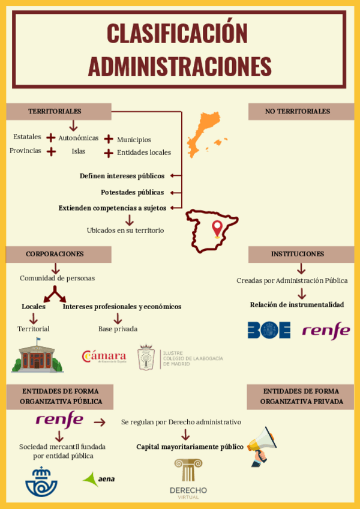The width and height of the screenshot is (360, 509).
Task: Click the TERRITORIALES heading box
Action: [58, 112]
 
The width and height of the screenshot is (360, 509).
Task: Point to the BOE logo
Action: [269, 330]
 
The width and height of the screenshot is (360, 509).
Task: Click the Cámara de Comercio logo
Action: [104, 357]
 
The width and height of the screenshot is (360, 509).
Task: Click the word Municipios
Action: [134, 139]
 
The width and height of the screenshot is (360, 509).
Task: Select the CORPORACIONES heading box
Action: [58, 254]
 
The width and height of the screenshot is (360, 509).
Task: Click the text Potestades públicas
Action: [132, 193]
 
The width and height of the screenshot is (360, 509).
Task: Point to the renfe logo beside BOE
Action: [326, 330]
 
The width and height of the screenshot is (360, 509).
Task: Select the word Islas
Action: [79, 151]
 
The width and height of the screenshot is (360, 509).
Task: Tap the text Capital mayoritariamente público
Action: [190, 447]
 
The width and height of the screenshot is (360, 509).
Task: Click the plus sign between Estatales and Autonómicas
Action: [51, 137]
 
